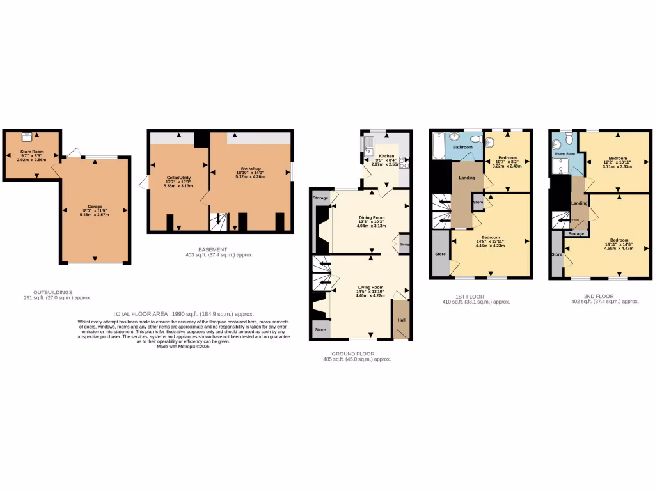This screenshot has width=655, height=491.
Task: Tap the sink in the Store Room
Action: (x=28, y=136)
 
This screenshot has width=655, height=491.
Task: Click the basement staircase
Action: (x=219, y=222)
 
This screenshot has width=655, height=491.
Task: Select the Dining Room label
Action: (x=371, y=218)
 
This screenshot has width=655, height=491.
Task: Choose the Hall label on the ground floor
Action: (x=401, y=320)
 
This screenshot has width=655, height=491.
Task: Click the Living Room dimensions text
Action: (x=370, y=295)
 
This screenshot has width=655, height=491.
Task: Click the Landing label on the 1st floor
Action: (x=467, y=178)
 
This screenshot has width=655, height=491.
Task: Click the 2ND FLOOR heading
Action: (x=599, y=296)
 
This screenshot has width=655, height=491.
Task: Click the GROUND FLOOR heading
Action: (x=352, y=354)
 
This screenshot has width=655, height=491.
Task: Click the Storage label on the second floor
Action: (x=576, y=234)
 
